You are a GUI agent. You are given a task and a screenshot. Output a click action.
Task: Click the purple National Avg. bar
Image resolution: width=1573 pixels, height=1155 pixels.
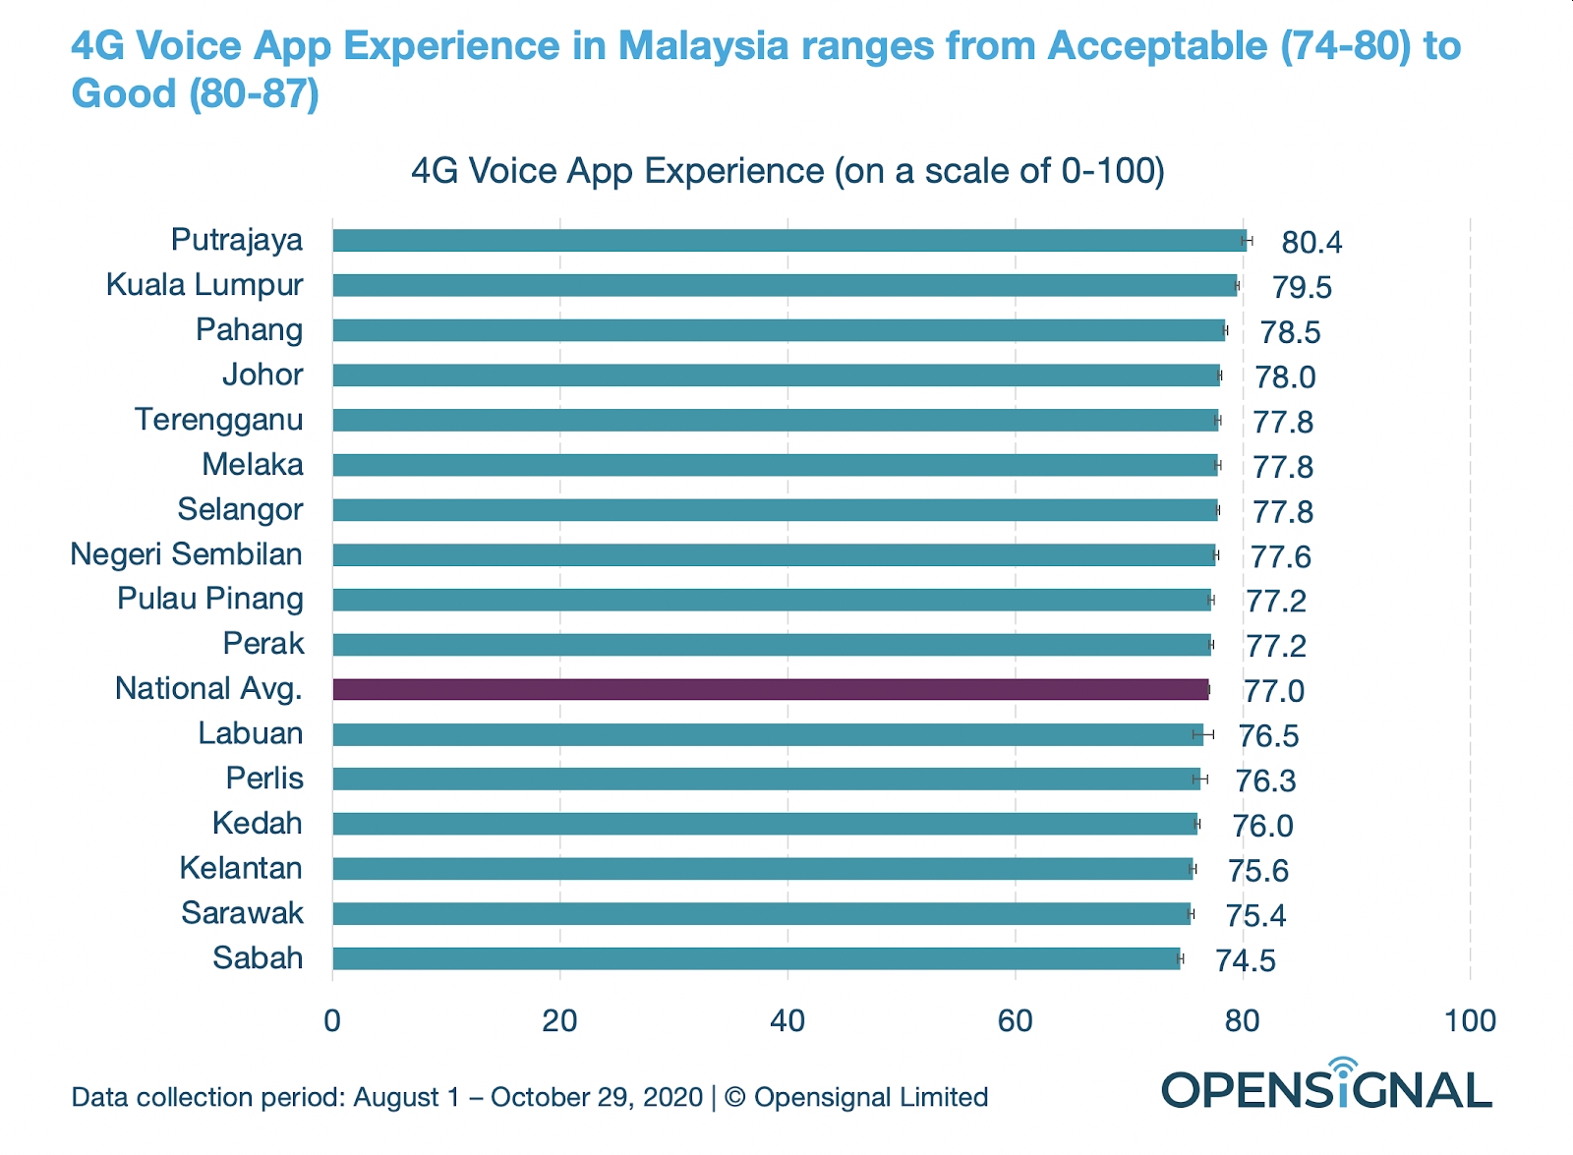(771, 689)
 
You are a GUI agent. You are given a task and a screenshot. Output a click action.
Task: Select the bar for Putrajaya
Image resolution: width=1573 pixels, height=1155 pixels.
(789, 240)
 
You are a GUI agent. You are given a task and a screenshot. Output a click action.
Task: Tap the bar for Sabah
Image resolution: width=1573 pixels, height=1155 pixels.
(756, 958)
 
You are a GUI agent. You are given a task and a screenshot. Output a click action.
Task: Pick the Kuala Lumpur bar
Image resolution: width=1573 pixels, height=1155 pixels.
(785, 285)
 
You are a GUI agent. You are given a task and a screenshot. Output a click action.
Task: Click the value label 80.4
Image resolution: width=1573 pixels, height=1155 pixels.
(1311, 242)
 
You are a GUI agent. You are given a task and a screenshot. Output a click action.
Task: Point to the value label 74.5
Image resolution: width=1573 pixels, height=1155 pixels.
(1246, 960)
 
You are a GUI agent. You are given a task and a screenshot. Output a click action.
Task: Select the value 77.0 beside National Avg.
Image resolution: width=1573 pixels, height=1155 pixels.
(1274, 691)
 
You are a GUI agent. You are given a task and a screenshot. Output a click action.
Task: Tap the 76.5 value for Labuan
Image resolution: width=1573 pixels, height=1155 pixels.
(1269, 736)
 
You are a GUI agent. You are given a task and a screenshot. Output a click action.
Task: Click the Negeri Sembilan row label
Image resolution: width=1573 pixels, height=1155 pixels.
(187, 554)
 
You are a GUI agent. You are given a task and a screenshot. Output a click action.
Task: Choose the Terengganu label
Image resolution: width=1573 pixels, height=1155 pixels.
(219, 420)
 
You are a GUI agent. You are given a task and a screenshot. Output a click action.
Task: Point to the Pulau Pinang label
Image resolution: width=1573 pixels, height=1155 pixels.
(210, 599)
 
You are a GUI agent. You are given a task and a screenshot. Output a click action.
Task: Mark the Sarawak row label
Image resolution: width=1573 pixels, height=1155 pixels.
(243, 913)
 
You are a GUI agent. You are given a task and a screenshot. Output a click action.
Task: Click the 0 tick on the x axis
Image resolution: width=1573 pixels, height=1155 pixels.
(332, 1021)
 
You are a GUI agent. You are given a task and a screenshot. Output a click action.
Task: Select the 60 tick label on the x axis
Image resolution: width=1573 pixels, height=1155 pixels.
(1015, 1021)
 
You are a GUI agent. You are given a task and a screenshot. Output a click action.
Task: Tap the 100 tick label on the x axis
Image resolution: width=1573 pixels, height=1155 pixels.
(1470, 1021)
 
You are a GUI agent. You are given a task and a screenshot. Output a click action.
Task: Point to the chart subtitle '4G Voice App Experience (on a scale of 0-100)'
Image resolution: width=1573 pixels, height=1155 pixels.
(787, 171)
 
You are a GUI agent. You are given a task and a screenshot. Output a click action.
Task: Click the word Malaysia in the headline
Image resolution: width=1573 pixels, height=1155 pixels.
(703, 46)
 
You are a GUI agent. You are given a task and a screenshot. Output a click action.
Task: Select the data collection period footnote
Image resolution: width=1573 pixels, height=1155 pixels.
(530, 1097)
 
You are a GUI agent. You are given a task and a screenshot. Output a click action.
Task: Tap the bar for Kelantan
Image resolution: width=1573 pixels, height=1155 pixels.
(762, 869)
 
